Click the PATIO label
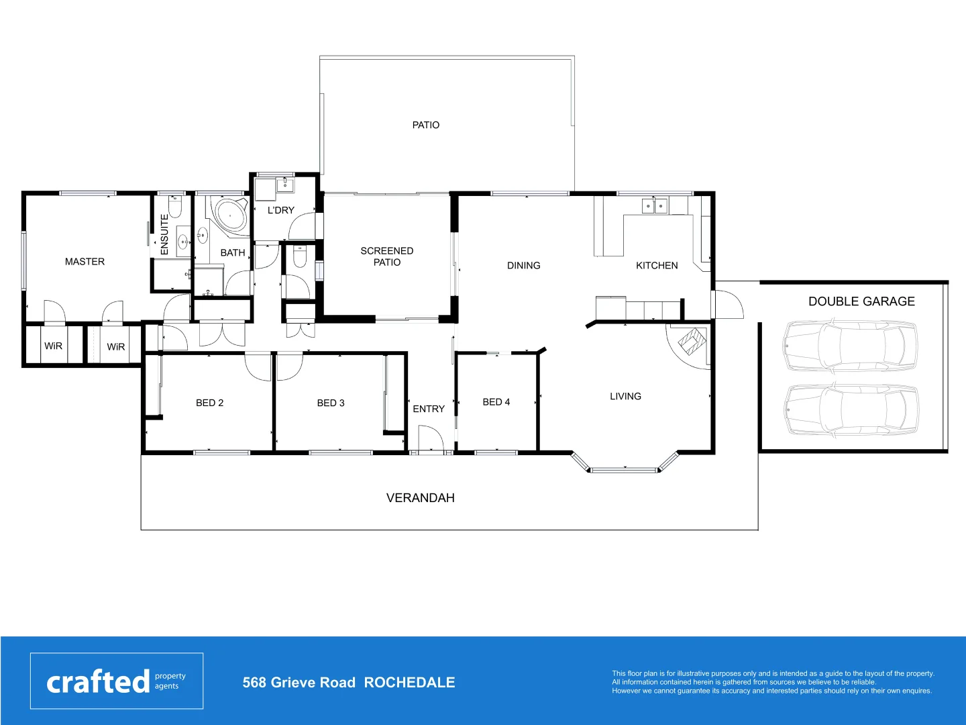click(425, 125)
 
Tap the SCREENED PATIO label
click(386, 256)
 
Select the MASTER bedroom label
click(85, 262)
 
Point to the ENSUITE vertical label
click(164, 234)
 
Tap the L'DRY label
click(280, 210)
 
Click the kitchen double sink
click(654, 205)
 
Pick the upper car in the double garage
click(850, 345)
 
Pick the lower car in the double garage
click(850, 409)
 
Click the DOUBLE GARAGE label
click(861, 301)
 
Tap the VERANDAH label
click(420, 498)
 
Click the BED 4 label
click(496, 402)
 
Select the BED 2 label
click(209, 403)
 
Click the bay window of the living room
click(625, 468)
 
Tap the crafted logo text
click(98, 682)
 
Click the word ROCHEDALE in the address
click(409, 683)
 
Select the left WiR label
click(53, 346)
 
